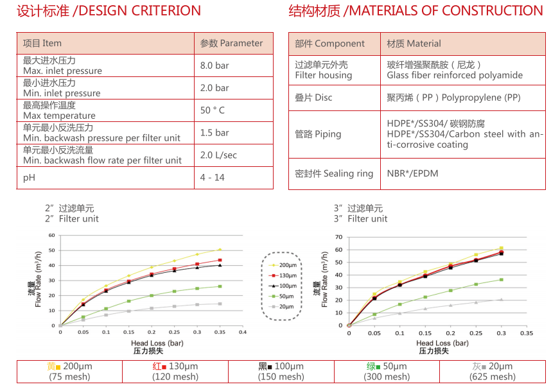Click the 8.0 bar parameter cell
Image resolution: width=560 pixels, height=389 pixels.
click(x=214, y=65)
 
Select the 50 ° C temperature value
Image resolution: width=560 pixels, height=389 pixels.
click(x=213, y=110)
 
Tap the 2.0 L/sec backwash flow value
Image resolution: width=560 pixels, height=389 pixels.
click(x=218, y=155)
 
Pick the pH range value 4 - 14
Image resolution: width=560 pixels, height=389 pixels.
click(x=213, y=177)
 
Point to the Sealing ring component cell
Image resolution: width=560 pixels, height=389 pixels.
click(x=333, y=173)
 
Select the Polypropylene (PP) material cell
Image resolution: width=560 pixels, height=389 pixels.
click(x=453, y=98)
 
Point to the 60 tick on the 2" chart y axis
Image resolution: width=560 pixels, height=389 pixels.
click(x=52, y=235)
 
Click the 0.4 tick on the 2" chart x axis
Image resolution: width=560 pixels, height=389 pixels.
click(x=243, y=333)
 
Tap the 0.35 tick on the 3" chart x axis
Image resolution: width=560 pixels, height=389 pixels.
click(x=527, y=333)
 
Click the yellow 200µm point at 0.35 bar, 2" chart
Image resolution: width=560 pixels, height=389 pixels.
click(x=220, y=249)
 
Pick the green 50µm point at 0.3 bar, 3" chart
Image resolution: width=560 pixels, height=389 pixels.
click(x=501, y=279)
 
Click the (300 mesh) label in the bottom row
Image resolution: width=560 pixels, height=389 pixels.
click(x=387, y=377)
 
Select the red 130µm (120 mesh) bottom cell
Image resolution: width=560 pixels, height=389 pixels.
click(x=175, y=372)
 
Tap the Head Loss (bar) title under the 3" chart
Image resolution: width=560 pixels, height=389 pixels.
click(x=442, y=343)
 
